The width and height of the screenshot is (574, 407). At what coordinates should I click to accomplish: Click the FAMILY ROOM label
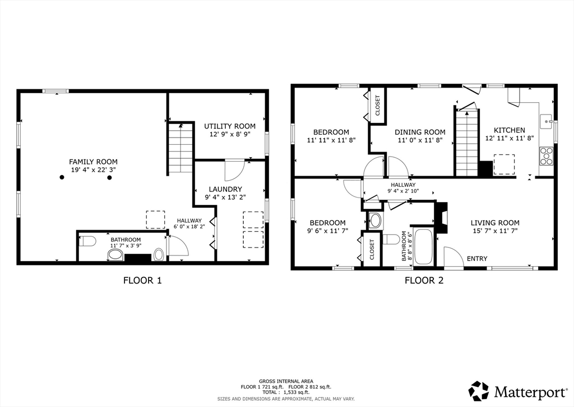(94, 162)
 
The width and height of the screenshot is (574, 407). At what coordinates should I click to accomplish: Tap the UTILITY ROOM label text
(230, 126)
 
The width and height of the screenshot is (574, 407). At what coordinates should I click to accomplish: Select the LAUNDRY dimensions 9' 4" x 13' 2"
(225, 197)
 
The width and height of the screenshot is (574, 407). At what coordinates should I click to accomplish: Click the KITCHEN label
(510, 130)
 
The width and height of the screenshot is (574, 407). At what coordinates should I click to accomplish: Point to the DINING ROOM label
(420, 132)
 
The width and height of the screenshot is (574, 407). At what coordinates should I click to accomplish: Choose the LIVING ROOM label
(495, 222)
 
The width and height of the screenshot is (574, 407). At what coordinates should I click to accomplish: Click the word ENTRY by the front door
(477, 258)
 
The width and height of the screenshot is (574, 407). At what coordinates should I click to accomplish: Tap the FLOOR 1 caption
(142, 281)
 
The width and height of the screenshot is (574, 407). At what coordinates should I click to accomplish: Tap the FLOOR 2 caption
(424, 281)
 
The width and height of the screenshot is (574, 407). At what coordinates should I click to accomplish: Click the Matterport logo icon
(479, 391)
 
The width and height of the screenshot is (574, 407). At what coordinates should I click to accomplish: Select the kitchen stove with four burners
(546, 156)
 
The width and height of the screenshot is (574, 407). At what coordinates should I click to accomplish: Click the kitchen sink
(547, 121)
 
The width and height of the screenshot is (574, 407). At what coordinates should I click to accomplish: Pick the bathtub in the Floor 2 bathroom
(424, 246)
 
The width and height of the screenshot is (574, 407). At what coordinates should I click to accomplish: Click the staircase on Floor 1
(180, 148)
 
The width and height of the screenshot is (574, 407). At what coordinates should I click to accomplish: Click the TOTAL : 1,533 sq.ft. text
(286, 392)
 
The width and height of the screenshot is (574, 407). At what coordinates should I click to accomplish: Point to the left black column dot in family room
(62, 177)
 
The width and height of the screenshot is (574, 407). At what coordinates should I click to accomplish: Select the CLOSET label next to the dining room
(378, 106)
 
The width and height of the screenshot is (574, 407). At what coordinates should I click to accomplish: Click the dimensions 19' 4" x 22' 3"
(94, 170)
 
